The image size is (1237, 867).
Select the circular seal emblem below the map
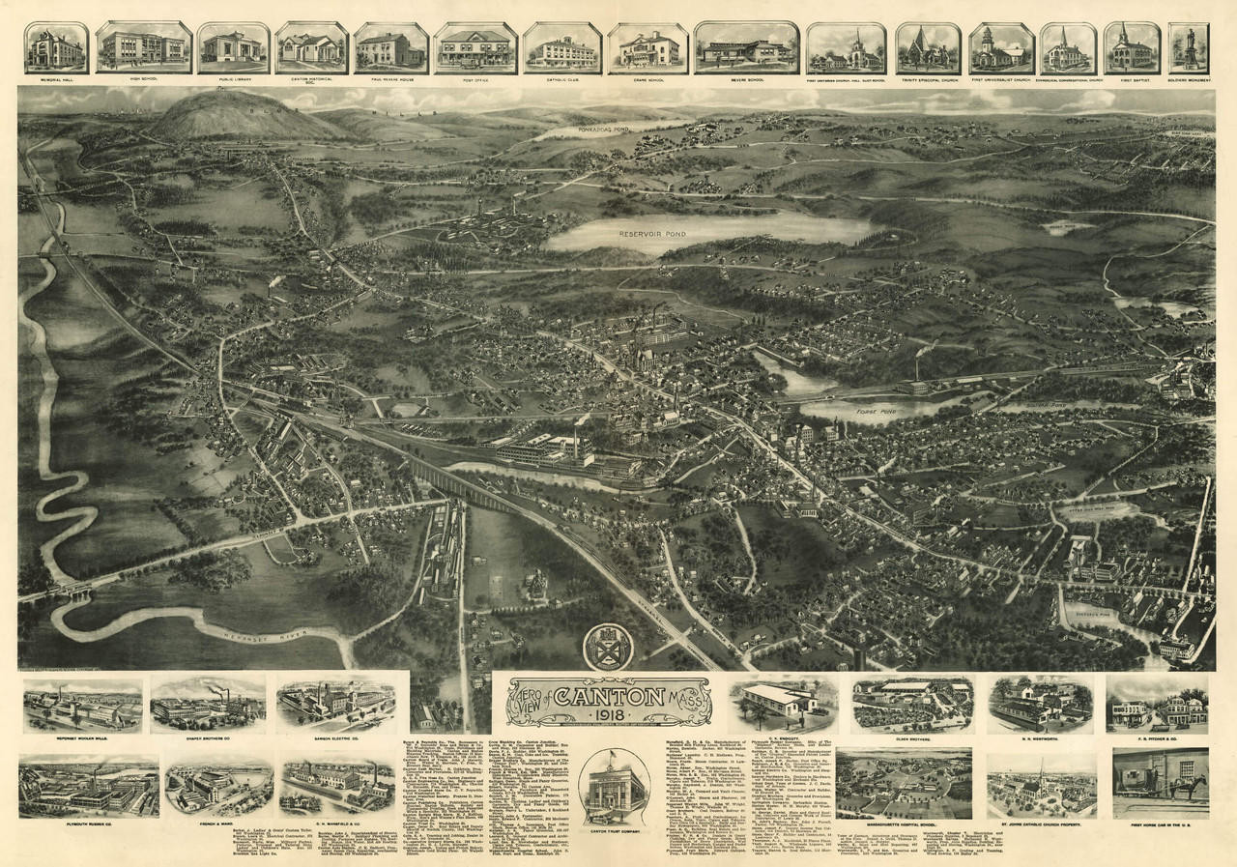pyautogui.click(x=608, y=647)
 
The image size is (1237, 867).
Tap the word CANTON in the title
pyautogui.click(x=609, y=694)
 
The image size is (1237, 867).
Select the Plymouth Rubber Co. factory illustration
pyautogui.click(x=89, y=786)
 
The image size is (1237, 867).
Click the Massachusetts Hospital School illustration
pyautogui.click(x=904, y=782)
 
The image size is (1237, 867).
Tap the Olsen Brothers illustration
pyautogui.click(x=911, y=703)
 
